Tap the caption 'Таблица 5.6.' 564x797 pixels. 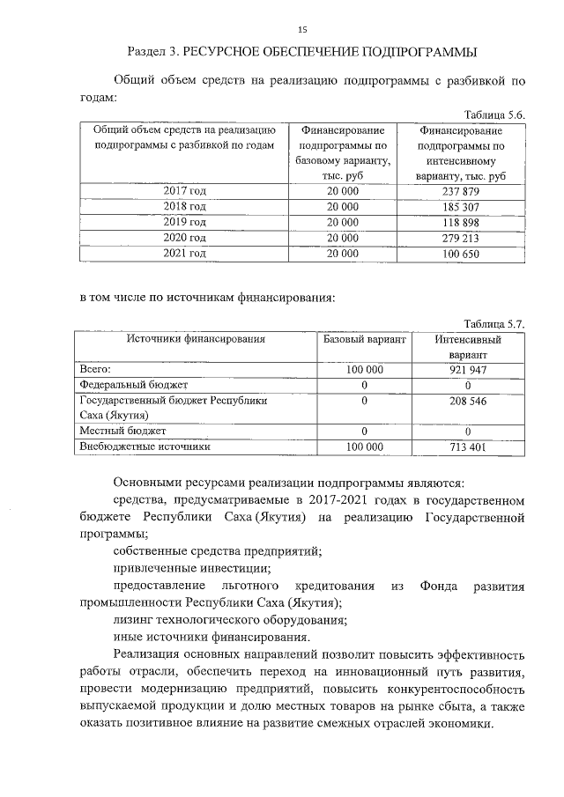(494, 115)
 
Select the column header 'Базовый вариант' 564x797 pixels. (365, 339)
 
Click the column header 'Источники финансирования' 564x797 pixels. (195, 339)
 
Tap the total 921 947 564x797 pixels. (468, 371)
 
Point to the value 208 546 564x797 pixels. (468, 400)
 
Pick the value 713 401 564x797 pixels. (468, 446)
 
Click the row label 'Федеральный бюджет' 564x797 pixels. (133, 385)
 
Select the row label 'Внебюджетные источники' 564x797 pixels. (145, 446)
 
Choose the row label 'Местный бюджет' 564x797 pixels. (122, 431)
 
